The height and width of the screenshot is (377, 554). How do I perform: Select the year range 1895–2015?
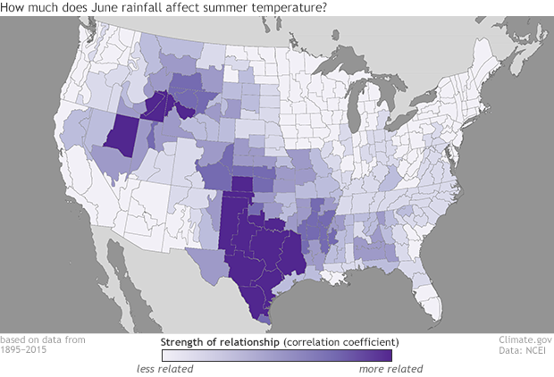(x=24, y=350)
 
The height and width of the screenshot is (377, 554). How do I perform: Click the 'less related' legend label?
(x=165, y=368)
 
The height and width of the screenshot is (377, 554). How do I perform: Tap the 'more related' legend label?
(x=390, y=368)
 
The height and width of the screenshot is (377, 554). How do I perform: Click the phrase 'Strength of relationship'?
(x=214, y=342)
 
